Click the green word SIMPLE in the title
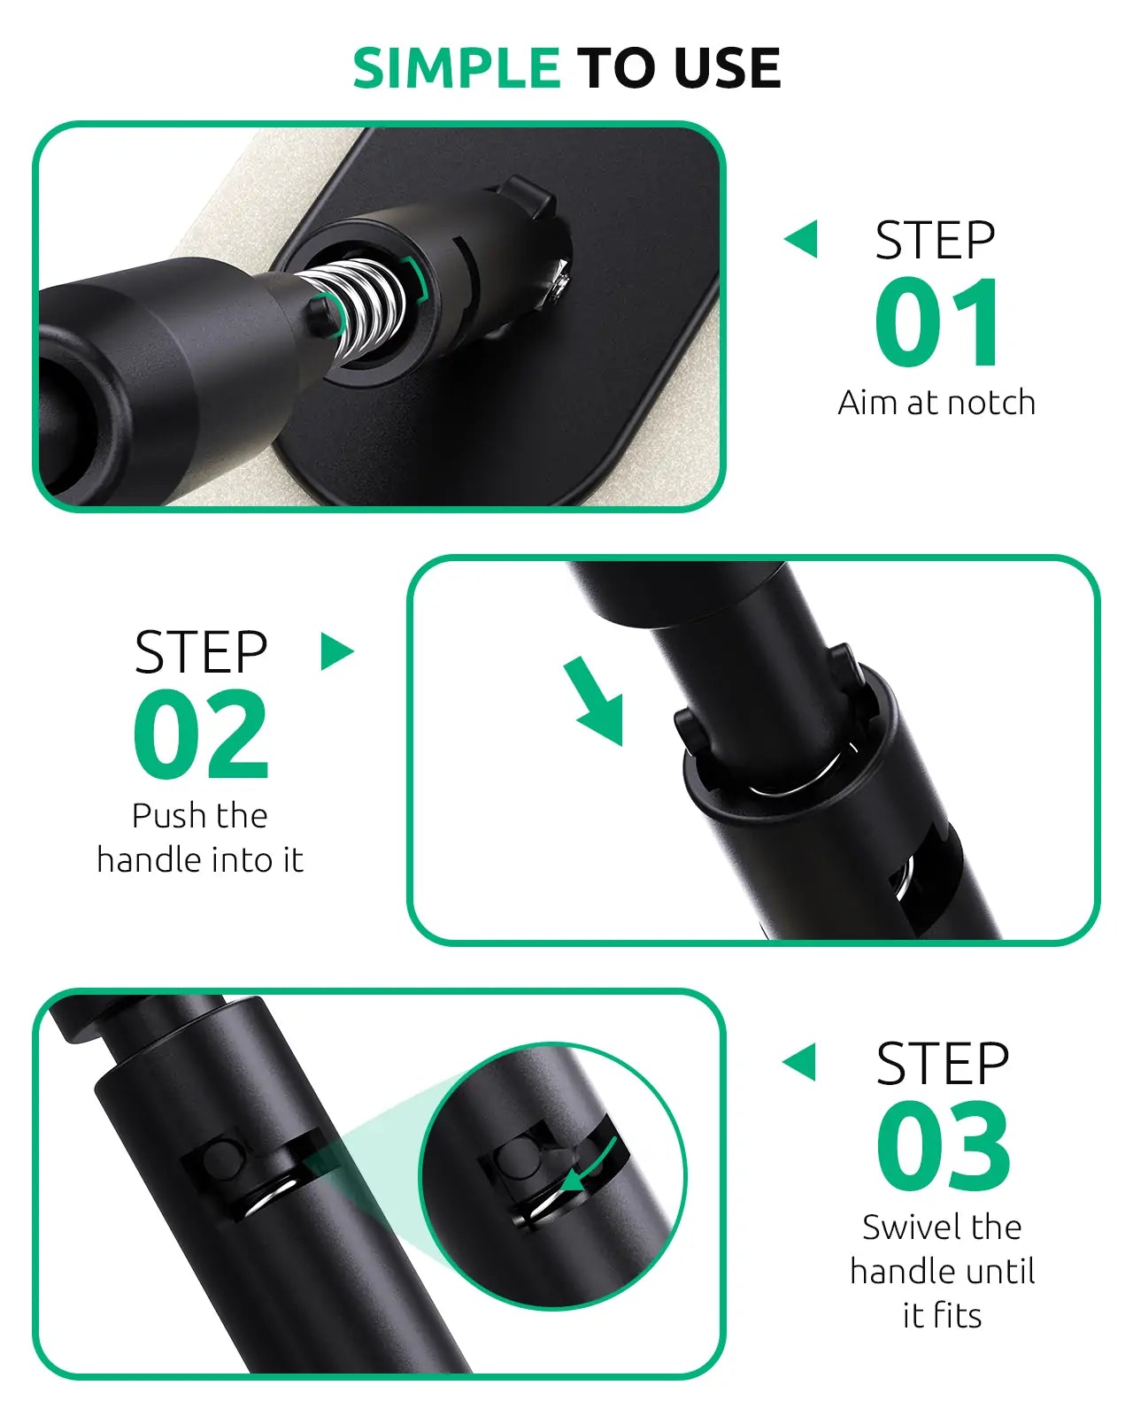click(x=456, y=68)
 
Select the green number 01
click(x=937, y=322)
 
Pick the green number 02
click(x=201, y=733)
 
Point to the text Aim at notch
click(x=936, y=403)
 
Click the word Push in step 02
click(x=169, y=816)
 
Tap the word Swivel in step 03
click(x=906, y=1227)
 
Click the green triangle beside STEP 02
click(x=336, y=651)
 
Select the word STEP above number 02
click(x=201, y=652)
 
